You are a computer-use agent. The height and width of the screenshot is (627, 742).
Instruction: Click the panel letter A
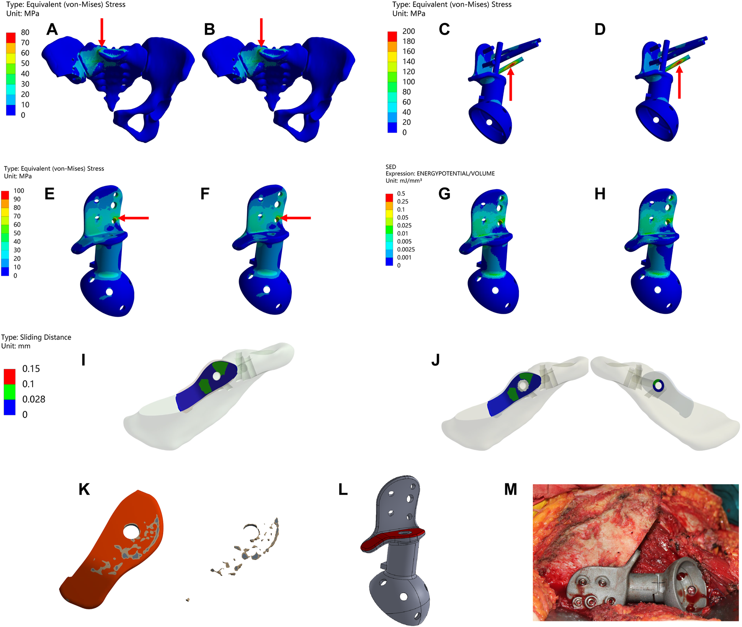point(52,29)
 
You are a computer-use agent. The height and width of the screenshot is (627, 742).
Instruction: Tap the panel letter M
point(510,489)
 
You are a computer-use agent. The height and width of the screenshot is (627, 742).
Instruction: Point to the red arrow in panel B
point(261,32)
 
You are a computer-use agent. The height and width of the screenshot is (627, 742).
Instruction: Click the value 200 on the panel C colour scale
point(409,31)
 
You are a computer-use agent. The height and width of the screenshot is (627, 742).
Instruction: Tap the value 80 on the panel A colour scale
point(25,32)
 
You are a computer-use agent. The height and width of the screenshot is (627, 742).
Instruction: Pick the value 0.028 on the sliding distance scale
point(34,399)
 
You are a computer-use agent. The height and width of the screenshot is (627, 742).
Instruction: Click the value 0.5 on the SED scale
point(401,194)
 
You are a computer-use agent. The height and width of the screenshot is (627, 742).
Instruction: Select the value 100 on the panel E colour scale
point(19,191)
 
